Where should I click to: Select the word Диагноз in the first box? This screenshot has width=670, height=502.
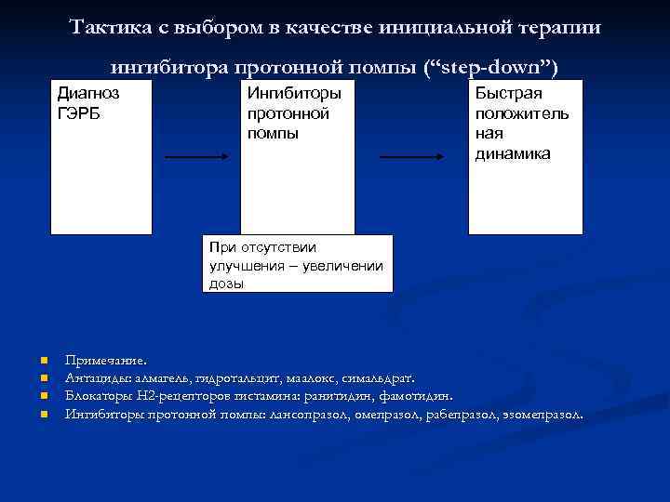point(88,93)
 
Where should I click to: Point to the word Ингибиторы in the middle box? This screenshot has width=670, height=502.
point(293,93)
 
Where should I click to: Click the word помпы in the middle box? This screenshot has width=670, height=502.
point(273,133)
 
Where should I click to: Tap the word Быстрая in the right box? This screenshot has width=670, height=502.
point(508,93)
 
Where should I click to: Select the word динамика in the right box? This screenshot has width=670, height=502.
point(513,153)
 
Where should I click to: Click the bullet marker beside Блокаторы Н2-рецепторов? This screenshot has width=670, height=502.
point(43,396)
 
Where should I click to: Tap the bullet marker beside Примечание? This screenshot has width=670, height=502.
point(43,360)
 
